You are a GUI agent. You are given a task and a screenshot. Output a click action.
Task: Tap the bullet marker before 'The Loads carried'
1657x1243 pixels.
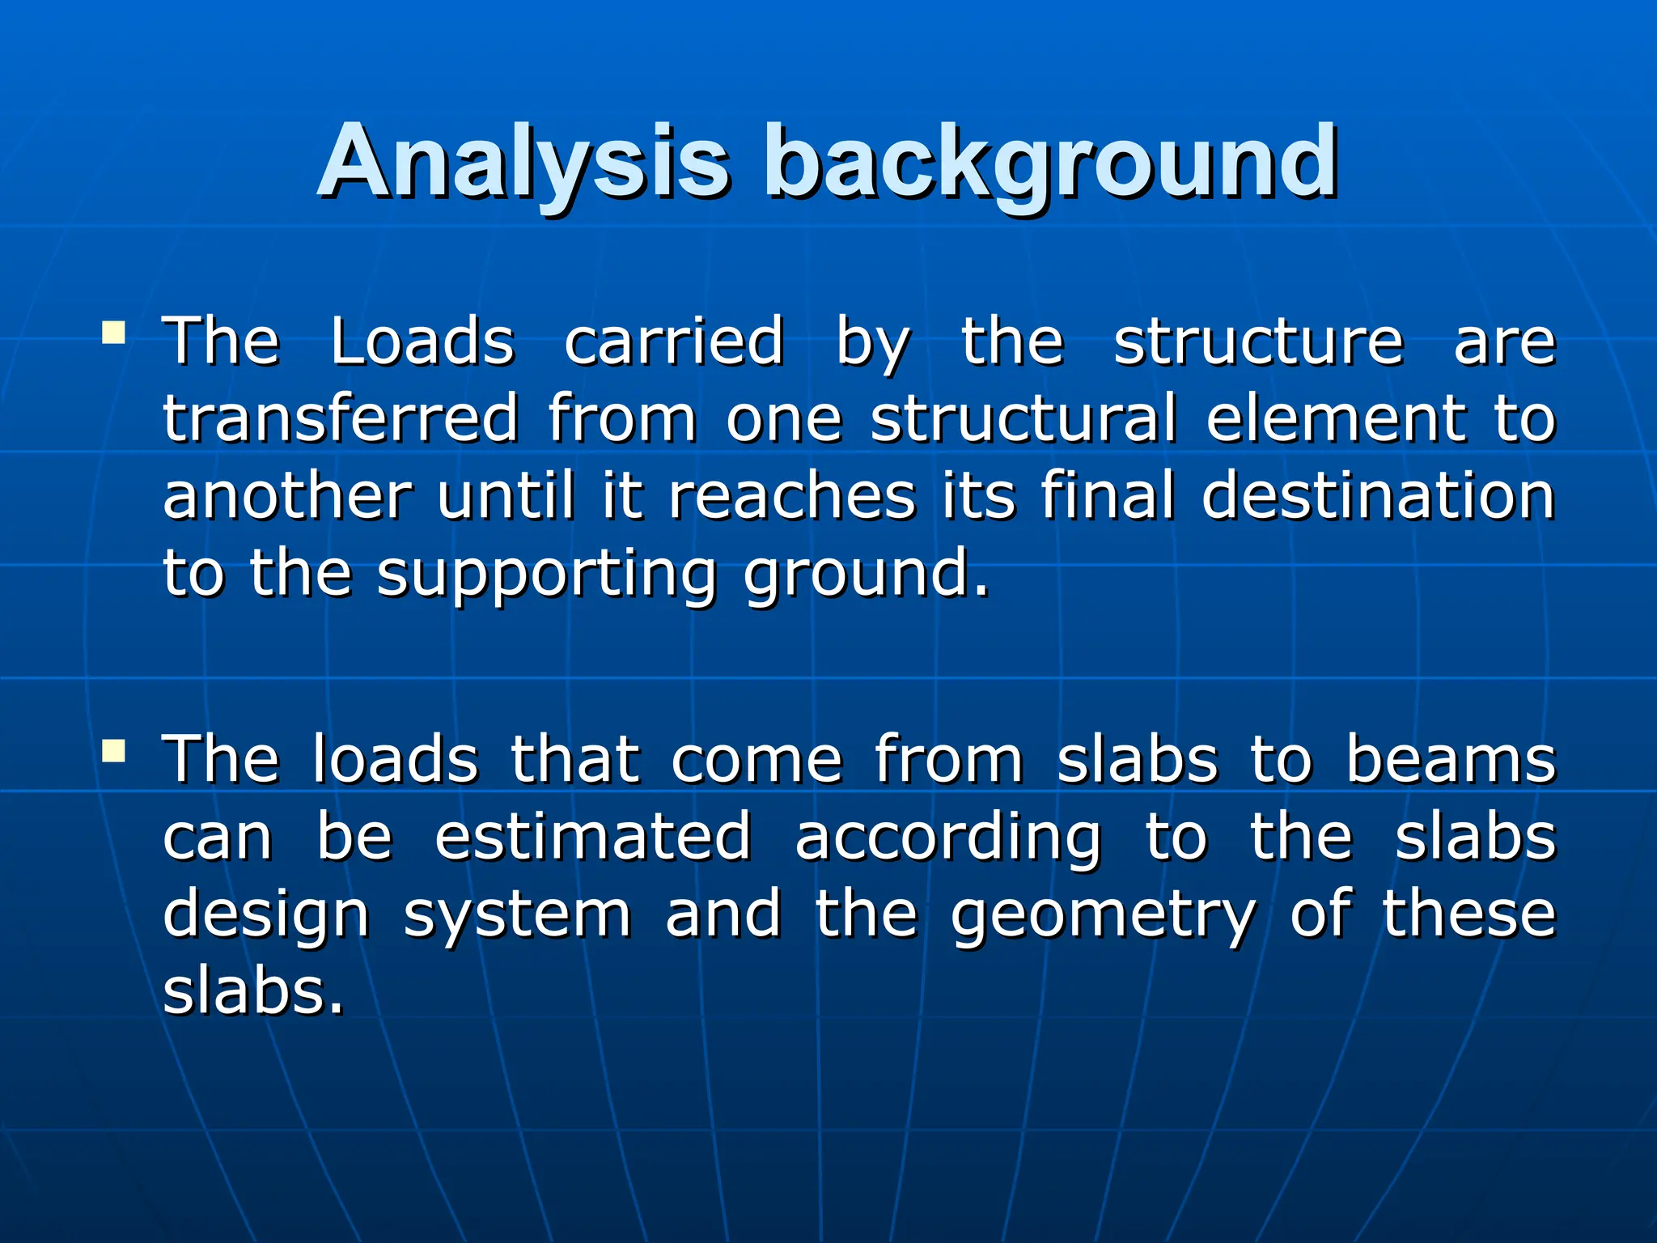click(113, 333)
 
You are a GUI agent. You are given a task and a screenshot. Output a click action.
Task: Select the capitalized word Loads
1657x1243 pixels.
click(422, 342)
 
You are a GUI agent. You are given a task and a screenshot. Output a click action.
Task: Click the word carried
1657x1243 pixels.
click(674, 342)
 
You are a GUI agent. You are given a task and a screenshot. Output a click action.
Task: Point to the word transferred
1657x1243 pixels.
click(341, 418)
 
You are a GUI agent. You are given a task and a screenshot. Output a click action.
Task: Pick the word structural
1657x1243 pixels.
click(1023, 418)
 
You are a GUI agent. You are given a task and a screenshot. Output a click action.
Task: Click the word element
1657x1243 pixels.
click(1336, 418)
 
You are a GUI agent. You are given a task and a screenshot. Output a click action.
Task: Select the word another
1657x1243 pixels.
click(288, 495)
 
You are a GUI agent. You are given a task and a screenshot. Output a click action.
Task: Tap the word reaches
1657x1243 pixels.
click(792, 495)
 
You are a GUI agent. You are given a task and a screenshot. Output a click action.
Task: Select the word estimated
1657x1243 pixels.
click(593, 837)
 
